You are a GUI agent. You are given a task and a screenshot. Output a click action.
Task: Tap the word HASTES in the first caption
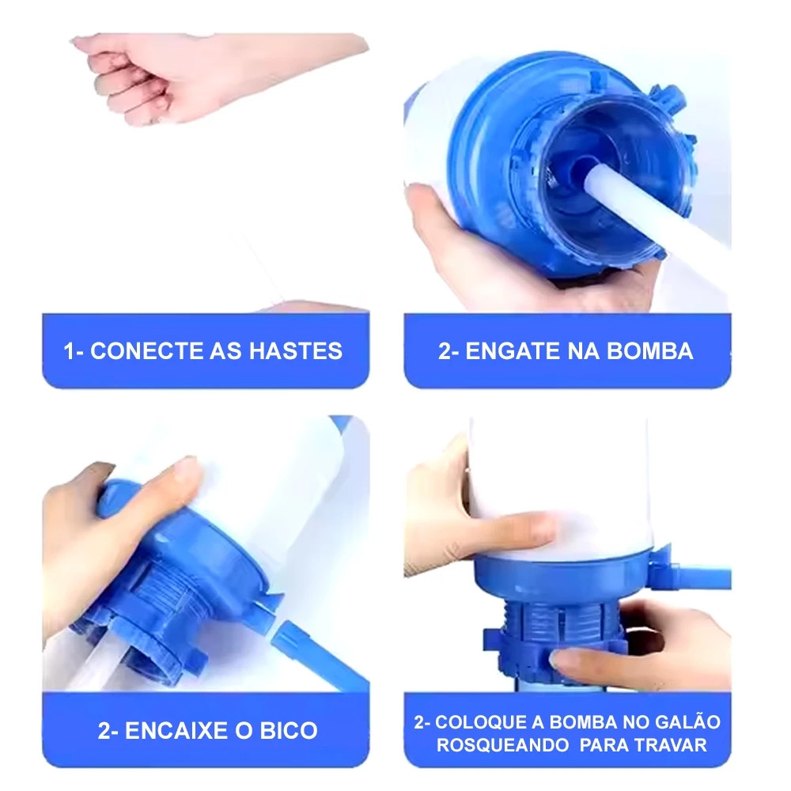pyautogui.click(x=296, y=351)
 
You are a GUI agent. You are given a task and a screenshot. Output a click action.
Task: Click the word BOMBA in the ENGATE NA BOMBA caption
pyautogui.click(x=649, y=351)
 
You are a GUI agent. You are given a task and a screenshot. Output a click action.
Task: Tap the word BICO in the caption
pyautogui.click(x=289, y=730)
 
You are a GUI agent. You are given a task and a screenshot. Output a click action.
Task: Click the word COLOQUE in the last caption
pyautogui.click(x=481, y=722)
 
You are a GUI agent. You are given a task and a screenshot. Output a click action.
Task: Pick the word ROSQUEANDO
pyautogui.click(x=502, y=745)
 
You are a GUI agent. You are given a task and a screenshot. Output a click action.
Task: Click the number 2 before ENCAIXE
pyautogui.click(x=104, y=730)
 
